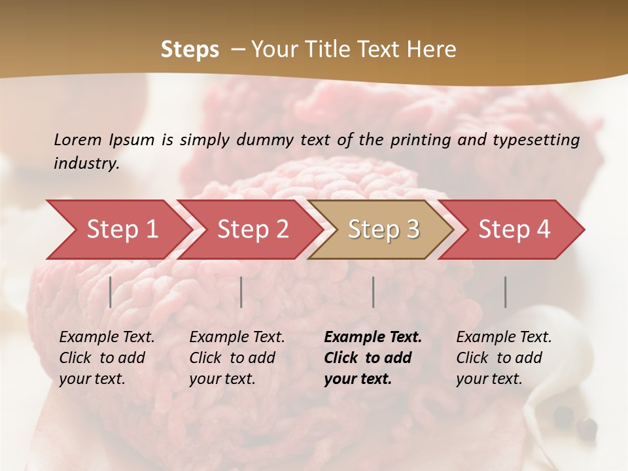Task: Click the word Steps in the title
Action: point(190,50)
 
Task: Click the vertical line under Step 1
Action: point(111,292)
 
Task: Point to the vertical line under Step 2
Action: point(241,292)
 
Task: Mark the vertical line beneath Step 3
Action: point(374,292)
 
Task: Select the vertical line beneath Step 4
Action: point(506,292)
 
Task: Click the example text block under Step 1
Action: point(107,358)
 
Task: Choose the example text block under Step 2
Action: point(237,358)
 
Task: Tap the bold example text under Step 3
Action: point(372,358)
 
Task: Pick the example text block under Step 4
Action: point(504,358)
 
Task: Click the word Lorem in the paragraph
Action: point(78,139)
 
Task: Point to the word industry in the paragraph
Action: point(86,164)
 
